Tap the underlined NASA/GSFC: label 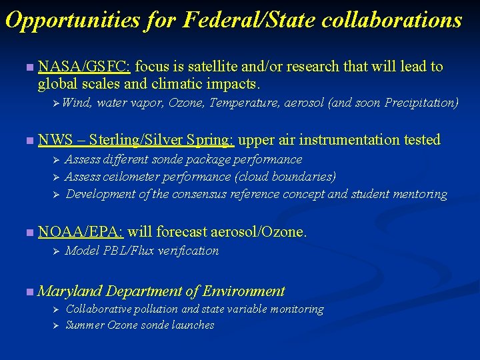[85, 67]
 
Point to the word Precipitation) [421, 103]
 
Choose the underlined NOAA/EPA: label [81, 232]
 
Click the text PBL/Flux [127, 251]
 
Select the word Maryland [70, 291]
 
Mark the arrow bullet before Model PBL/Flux [57, 251]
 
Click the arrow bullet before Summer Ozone [57, 326]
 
